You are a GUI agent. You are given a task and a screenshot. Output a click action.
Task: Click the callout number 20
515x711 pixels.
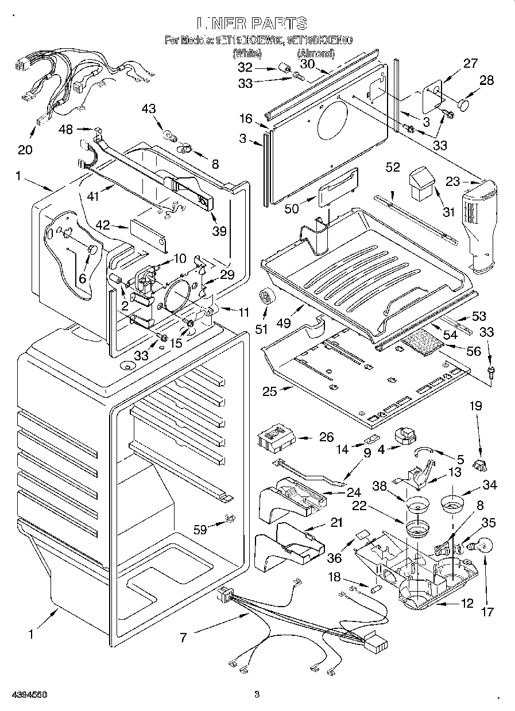25,150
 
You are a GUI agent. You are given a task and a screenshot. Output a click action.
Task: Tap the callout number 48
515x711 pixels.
66,130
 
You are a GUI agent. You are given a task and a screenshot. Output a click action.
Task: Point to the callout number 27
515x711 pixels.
470,64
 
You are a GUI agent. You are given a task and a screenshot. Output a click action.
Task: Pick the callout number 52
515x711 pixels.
393,167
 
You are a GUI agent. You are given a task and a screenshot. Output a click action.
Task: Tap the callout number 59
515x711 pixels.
200,530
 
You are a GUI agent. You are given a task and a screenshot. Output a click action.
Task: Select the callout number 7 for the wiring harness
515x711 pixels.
183,637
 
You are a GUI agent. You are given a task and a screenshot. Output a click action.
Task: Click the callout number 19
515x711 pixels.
477,406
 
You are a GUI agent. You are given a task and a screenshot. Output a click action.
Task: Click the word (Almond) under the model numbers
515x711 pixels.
315,53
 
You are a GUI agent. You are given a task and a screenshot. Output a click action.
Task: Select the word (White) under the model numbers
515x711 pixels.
247,53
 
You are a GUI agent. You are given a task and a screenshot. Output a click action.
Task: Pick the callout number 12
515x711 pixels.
467,603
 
